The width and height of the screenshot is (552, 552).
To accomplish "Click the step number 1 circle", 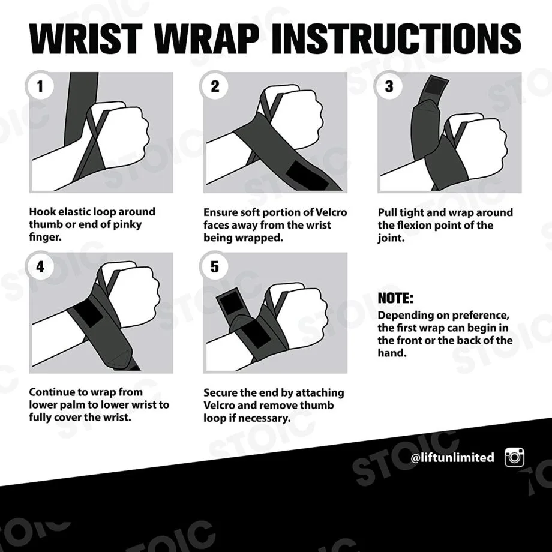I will click(40, 86).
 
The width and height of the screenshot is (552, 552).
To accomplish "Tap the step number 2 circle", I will click(215, 86).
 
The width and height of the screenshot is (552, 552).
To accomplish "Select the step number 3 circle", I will click(389, 86).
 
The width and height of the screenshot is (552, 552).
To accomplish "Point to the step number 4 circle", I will click(40, 266).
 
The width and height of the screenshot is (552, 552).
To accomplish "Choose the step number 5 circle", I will click(215, 266).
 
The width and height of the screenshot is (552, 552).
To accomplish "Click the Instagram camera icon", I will click(514, 457).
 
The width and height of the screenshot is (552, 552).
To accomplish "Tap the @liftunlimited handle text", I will click(452, 458).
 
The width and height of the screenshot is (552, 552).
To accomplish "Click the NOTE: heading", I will click(395, 298).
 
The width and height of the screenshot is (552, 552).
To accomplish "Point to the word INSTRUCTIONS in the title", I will click(397, 38).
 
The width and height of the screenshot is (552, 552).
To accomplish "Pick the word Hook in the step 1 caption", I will click(42, 212).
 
